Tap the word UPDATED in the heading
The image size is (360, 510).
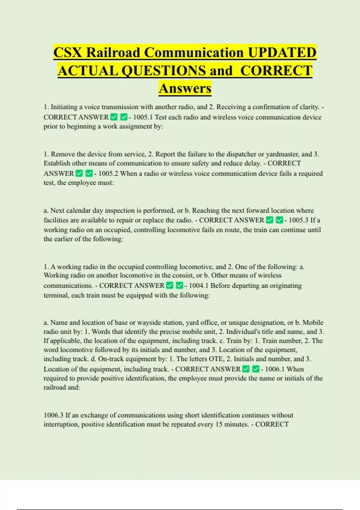(282, 52)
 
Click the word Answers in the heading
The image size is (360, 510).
(185, 88)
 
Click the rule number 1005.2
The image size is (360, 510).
(108, 173)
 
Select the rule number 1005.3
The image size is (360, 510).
(298, 220)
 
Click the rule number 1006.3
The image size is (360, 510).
(53, 415)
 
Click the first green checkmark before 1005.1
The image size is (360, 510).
(114, 117)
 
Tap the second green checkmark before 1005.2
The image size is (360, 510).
(89, 173)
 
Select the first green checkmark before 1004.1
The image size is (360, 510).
(169, 285)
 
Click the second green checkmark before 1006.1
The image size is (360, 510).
(256, 369)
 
